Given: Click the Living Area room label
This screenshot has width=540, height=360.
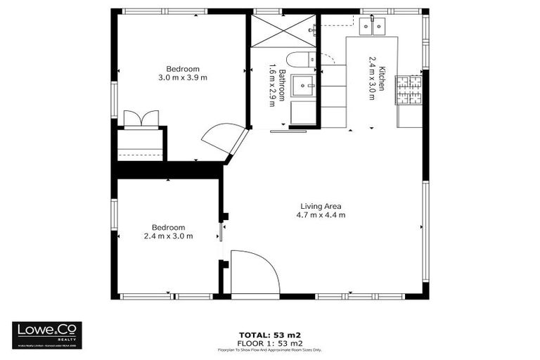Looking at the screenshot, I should [x=321, y=206].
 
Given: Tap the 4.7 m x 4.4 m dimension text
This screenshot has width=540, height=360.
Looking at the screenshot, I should [x=321, y=215].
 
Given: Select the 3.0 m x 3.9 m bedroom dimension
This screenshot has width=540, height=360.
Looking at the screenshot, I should [x=183, y=77].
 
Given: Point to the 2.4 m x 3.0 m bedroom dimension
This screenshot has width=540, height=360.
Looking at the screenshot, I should [x=169, y=236].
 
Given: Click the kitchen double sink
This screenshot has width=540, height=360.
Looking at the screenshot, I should [x=373, y=27].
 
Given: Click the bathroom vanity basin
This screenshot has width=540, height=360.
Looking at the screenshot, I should [x=304, y=86].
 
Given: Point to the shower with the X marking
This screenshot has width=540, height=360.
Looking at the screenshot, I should [x=283, y=31].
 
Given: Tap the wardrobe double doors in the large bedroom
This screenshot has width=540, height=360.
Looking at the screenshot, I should [x=141, y=118].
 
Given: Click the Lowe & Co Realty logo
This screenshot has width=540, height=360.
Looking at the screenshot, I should [x=47, y=335].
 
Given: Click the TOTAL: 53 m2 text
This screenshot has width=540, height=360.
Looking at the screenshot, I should [x=270, y=334].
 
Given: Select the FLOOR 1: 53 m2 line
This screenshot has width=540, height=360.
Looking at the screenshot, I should [x=270, y=342].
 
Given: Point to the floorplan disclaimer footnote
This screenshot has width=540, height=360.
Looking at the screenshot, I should [x=270, y=349].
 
